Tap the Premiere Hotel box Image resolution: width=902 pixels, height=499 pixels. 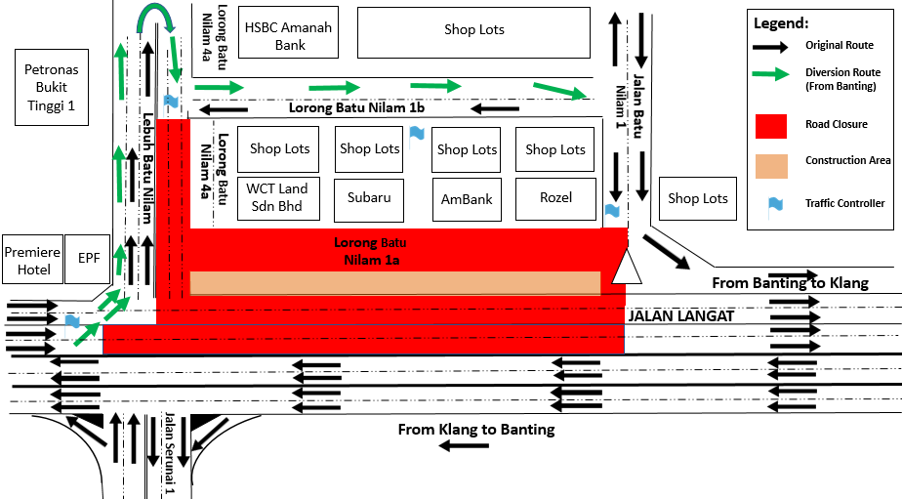pyautogui.click(x=32, y=259)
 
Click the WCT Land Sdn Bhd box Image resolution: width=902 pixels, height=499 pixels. pyautogui.click(x=276, y=197)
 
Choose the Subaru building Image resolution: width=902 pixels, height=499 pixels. pyautogui.click(x=369, y=197)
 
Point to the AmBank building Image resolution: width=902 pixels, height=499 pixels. pyautogui.click(x=466, y=198)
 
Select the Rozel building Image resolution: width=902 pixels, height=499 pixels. pyautogui.click(x=554, y=197)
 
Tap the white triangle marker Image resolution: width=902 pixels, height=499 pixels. pyautogui.click(x=625, y=266)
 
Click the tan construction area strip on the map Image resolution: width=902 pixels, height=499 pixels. pyautogui.click(x=394, y=282)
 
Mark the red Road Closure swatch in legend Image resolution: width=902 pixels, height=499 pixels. pyautogui.click(x=771, y=126)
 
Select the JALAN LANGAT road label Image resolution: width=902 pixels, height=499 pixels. pyautogui.click(x=679, y=316)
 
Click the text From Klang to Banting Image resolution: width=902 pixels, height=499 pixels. pyautogui.click(x=476, y=429)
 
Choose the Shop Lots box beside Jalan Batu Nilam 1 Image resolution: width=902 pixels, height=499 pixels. pyautogui.click(x=698, y=198)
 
